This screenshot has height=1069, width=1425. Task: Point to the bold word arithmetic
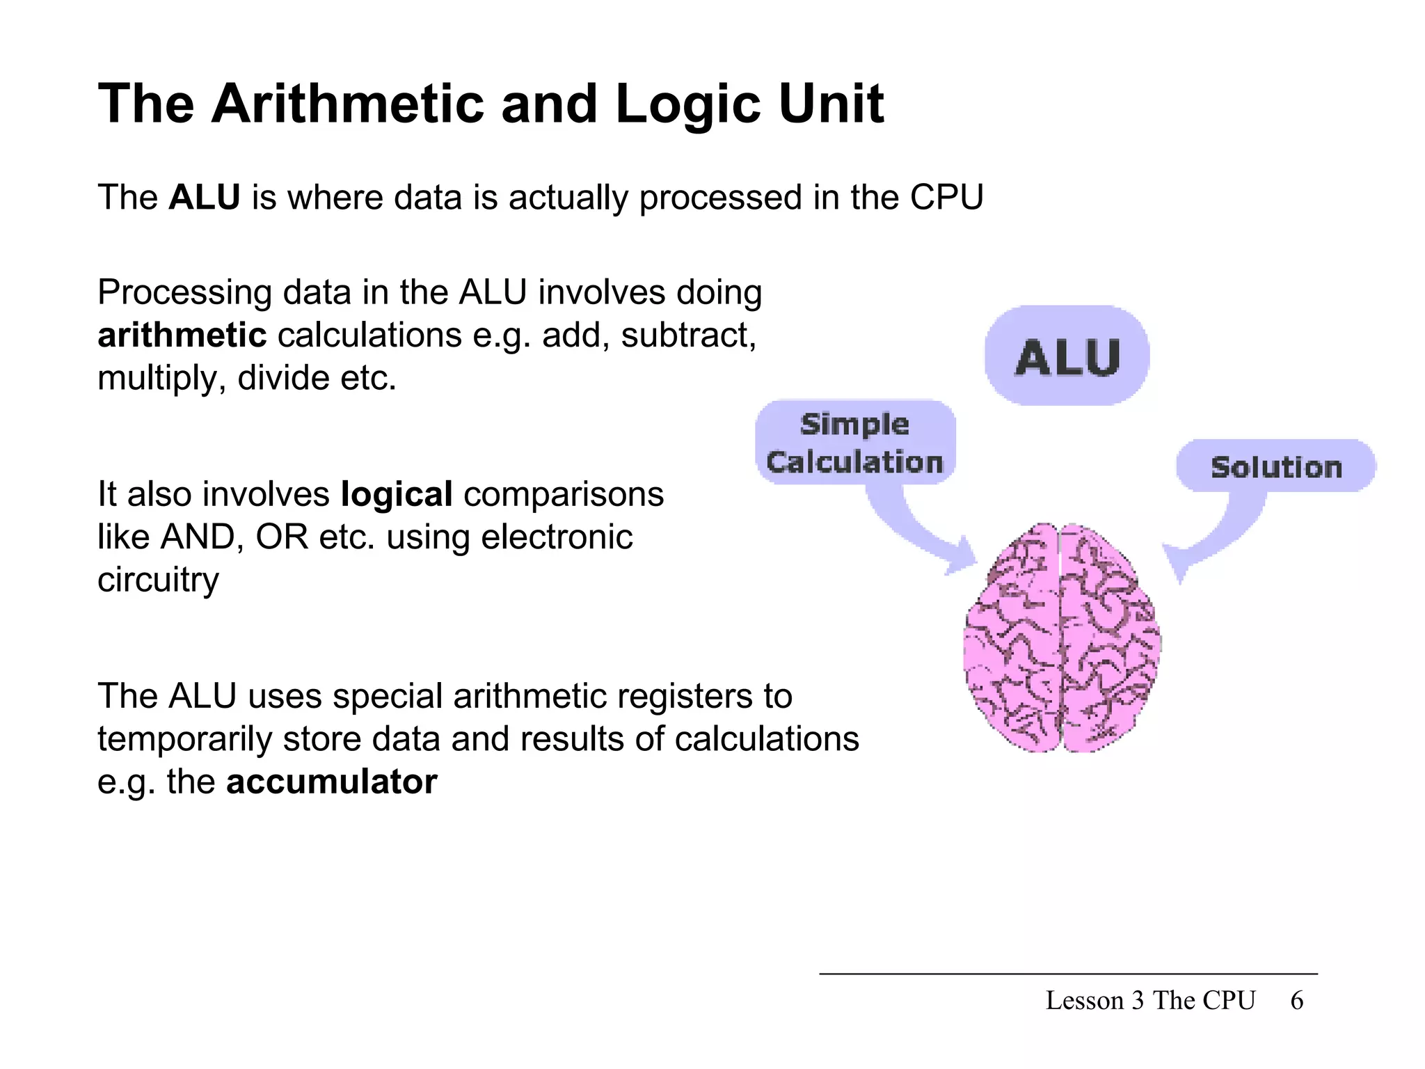point(182,335)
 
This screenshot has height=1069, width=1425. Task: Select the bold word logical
point(397,495)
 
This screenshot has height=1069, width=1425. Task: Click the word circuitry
point(158,580)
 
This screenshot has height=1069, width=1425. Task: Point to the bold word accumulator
point(332,782)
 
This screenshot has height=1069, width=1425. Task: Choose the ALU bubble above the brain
point(1067,356)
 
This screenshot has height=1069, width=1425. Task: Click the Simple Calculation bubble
point(854,443)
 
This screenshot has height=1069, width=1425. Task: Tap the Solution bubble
point(1275,466)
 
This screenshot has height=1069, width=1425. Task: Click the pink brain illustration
point(1062,640)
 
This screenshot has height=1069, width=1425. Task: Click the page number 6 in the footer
point(1296,1001)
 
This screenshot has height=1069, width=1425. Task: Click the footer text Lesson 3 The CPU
point(1150,1001)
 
